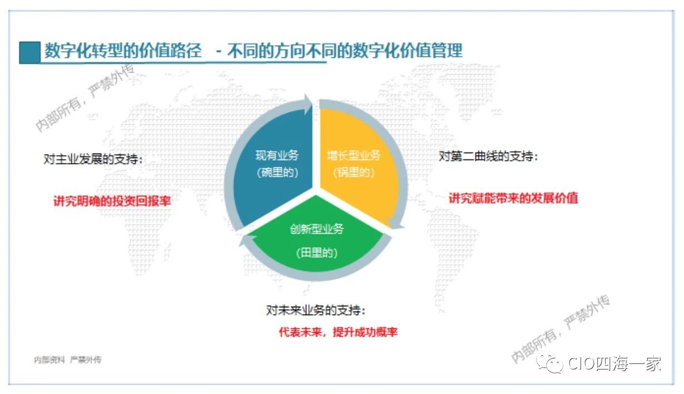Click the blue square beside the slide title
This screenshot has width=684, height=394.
(29, 52)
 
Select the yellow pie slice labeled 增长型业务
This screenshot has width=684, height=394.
(357, 165)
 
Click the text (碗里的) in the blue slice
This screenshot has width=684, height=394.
(277, 173)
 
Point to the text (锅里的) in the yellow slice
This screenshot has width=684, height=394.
(354, 173)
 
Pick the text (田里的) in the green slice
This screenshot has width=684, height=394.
(316, 253)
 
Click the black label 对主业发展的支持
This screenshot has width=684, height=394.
(93, 159)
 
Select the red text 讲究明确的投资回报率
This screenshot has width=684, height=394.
(112, 201)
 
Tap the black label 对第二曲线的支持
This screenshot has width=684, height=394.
(488, 156)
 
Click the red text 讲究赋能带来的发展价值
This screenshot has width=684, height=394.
(513, 198)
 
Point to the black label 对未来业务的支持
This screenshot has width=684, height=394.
(316, 311)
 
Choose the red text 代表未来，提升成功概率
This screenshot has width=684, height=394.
(338, 332)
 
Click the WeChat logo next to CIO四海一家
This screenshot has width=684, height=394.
(549, 363)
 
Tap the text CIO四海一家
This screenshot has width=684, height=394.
(614, 363)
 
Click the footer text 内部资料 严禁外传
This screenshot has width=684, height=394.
(67, 359)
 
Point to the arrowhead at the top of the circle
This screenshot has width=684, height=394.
(308, 105)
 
